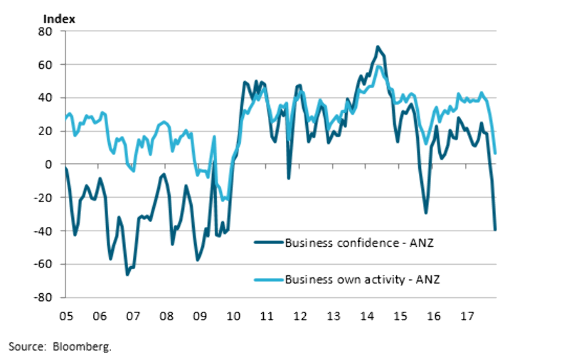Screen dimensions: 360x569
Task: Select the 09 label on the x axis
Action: tap(200, 315)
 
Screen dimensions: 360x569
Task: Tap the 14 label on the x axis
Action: tap(368, 315)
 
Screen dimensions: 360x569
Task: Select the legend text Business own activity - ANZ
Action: tap(362, 278)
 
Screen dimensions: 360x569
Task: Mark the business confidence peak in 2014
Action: tap(378, 47)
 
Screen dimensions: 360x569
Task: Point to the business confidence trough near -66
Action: tap(127, 274)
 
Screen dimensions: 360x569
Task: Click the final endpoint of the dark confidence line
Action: tap(495, 229)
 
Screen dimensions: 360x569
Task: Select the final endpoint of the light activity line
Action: tap(495, 153)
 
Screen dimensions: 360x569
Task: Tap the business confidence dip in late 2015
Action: tap(426, 212)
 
